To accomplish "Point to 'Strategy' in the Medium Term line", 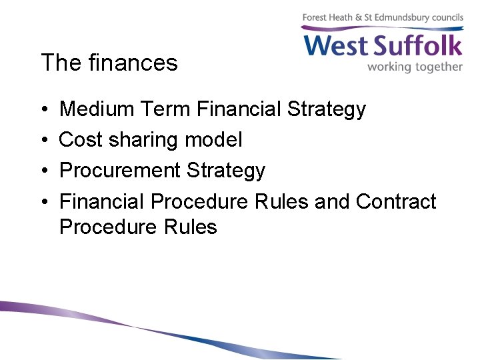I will pos(327,109).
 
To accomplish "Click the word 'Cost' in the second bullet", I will pos(81,139).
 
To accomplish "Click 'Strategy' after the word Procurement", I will pos(226,171).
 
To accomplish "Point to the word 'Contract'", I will pos(396,201).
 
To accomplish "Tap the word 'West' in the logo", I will pos(337,46).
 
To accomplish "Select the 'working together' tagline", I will pos(415,67).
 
